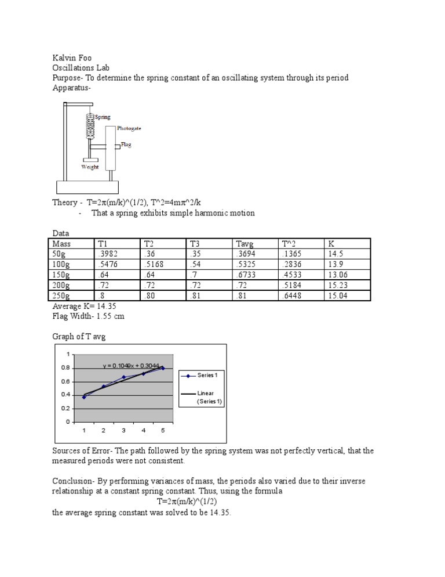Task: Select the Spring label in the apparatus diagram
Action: [x=103, y=117]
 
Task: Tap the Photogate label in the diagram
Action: [x=129, y=128]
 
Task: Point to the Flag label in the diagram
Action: [x=126, y=145]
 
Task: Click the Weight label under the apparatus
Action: [x=90, y=167]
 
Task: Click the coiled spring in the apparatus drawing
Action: [x=90, y=125]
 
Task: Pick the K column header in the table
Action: [x=331, y=244]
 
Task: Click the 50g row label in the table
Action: [x=60, y=254]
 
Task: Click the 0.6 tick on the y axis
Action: [x=65, y=381]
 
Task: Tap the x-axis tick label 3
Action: [x=123, y=430]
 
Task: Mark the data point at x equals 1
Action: [x=84, y=397]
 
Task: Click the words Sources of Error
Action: [x=81, y=450]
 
